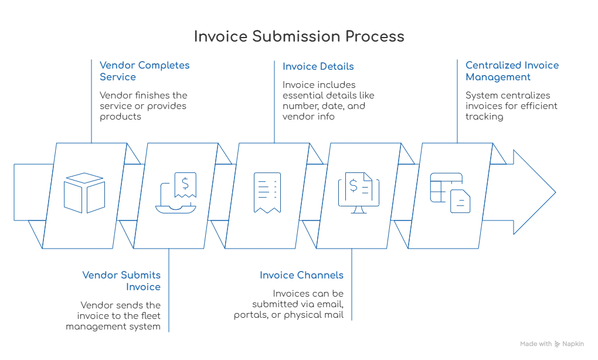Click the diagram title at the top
299,36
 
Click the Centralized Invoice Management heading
512,71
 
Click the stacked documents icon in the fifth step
450,191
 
